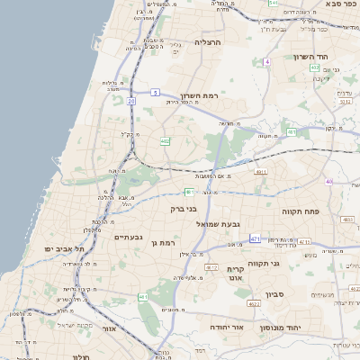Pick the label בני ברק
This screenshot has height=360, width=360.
point(184,208)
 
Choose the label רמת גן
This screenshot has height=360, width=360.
point(169,243)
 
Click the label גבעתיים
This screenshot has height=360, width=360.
point(129,237)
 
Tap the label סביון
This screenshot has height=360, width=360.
point(275,293)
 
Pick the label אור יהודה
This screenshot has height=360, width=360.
point(228,328)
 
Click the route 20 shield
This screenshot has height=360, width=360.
point(131,101)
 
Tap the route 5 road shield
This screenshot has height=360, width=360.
point(155,92)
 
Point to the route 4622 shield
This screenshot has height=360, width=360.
point(254,304)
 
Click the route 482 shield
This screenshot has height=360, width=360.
point(165,141)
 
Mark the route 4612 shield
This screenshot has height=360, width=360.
point(211,267)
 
